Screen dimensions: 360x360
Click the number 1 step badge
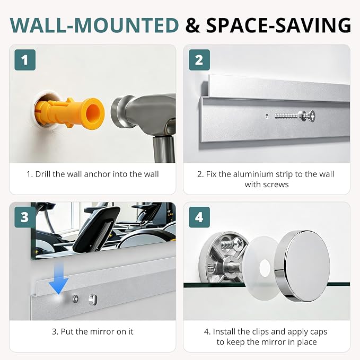coord(25,60)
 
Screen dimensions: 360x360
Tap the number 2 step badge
coord(199,60)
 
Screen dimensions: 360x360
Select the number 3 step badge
coord(25,217)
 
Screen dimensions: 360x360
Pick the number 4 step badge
coord(199,217)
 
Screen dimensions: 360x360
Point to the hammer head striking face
coord(117,112)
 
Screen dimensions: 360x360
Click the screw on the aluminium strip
coord(295,116)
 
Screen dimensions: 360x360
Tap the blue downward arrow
coord(59,278)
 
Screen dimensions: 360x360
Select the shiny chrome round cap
coord(303,266)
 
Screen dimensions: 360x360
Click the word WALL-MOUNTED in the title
coord(94,25)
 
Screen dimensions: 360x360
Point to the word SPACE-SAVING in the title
coord(278,25)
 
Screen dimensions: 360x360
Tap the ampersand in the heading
coord(192,25)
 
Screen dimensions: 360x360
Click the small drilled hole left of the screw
coord(267,116)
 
